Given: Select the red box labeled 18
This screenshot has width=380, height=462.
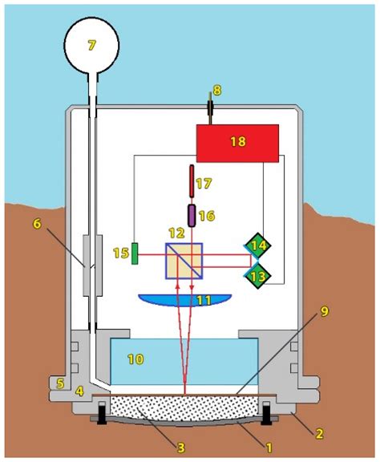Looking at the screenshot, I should (237, 142).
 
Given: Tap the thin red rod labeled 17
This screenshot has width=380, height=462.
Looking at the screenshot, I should (192, 181).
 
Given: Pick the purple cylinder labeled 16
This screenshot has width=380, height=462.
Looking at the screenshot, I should (192, 215).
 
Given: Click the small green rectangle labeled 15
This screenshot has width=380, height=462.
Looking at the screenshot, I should (135, 253).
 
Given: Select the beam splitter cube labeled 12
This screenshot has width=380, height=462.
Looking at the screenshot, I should (184, 261).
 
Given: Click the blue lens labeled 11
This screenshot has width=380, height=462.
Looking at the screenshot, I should (184, 301).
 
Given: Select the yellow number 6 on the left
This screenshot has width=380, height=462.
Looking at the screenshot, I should (37, 224).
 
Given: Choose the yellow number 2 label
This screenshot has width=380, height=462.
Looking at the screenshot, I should (318, 434).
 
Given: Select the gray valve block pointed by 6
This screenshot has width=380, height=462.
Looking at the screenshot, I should (92, 265).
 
